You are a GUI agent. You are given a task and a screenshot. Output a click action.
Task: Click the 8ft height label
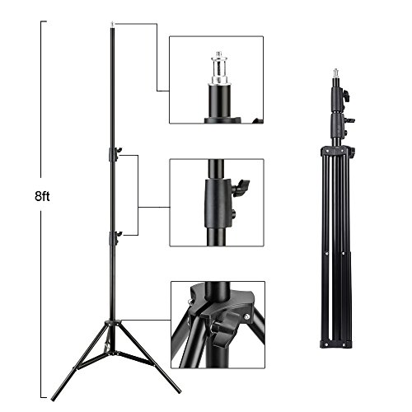(42, 197)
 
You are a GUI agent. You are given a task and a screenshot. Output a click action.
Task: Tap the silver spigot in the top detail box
(219, 68)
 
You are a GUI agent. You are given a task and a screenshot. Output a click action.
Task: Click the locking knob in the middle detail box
(241, 186)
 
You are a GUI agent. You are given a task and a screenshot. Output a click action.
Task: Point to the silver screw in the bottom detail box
(247, 316)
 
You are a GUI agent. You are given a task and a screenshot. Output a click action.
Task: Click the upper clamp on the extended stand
(115, 154)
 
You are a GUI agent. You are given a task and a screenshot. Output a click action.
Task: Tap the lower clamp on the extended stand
(115, 238)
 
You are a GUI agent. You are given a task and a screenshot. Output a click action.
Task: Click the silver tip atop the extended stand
(112, 25)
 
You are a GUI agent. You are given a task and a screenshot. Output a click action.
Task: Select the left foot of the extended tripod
(54, 397)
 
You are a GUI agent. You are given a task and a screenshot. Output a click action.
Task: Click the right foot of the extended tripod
(177, 389)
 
